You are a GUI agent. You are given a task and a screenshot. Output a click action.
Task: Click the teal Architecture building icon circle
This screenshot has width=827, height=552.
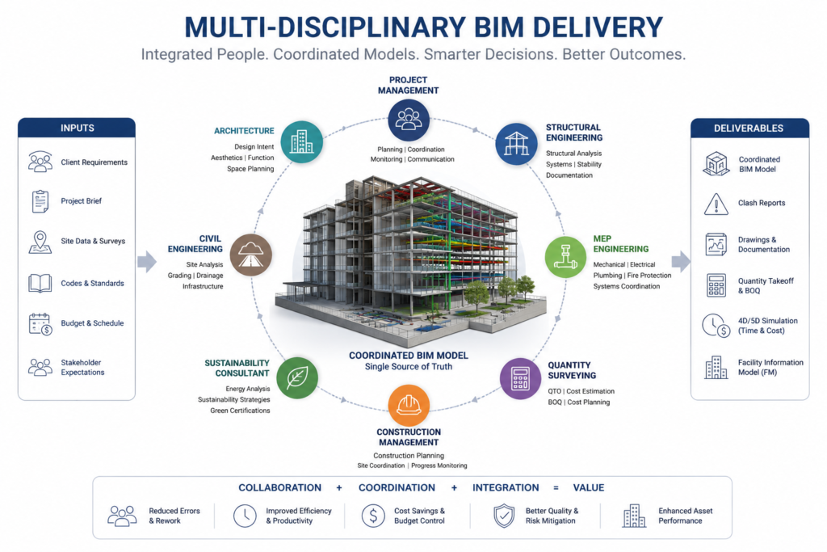click(302, 141)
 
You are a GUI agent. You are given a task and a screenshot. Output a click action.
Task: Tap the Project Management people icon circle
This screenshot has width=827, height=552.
click(408, 120)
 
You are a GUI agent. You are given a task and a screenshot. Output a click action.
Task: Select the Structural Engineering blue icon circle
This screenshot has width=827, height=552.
click(516, 144)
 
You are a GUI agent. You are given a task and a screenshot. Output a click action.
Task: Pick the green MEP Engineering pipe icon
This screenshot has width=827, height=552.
click(565, 257)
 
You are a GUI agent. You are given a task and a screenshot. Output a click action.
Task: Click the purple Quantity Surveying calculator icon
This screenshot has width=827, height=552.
click(521, 378)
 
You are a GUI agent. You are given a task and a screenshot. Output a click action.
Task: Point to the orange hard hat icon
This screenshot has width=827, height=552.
click(409, 405)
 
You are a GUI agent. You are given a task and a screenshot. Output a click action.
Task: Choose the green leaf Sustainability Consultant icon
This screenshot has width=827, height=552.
click(297, 377)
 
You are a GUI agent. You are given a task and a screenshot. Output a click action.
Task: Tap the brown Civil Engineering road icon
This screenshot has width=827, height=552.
click(251, 255)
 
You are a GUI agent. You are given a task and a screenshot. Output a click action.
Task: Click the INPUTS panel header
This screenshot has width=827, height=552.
click(77, 128)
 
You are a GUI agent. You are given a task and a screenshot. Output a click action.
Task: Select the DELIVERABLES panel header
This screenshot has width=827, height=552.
click(749, 129)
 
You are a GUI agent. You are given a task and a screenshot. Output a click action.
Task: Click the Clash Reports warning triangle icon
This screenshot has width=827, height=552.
click(716, 204)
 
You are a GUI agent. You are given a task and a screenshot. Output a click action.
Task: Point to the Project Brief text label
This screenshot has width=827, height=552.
click(82, 201)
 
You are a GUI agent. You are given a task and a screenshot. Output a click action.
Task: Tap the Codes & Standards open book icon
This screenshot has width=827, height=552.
click(40, 284)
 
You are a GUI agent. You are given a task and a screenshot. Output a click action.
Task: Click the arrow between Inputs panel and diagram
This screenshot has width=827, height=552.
click(147, 261)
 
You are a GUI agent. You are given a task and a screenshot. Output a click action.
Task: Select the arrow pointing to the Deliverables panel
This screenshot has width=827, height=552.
click(681, 261)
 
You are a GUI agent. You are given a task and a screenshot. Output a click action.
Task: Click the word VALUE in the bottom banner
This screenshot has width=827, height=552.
click(589, 487)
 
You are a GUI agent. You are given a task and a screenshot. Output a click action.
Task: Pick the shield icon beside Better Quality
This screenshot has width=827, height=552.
click(504, 516)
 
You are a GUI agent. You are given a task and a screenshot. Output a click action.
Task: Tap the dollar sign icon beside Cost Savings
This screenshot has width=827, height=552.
click(373, 516)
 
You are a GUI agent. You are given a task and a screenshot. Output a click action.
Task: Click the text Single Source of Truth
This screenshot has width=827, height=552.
click(409, 367)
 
